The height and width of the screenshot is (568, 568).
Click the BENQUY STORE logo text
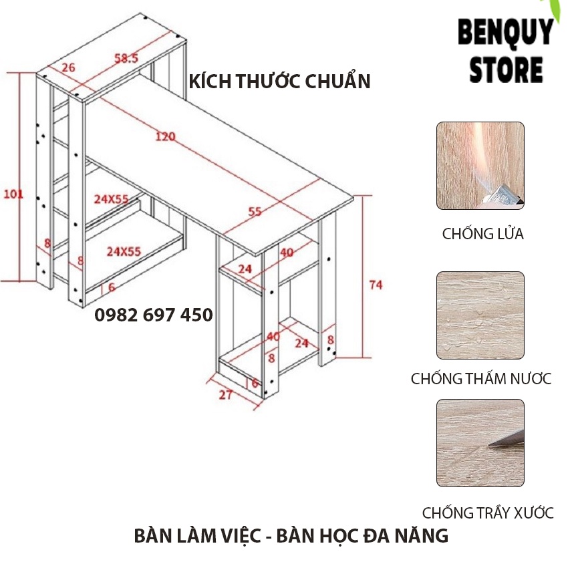tap(505, 51)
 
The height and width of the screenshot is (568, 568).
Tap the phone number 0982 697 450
tap(154, 315)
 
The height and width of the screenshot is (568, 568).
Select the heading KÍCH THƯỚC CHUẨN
tap(280, 82)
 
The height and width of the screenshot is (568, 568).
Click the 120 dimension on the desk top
tap(164, 137)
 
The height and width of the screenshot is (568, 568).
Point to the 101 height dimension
tap(13, 194)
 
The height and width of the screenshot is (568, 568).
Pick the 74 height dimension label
tap(376, 285)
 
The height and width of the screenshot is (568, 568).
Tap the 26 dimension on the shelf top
tap(67, 67)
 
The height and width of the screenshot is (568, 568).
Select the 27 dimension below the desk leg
tap(226, 394)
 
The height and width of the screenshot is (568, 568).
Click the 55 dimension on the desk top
tap(255, 212)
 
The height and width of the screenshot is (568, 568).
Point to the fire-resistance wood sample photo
tap(480, 166)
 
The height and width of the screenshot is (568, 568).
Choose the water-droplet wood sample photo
tap(480, 315)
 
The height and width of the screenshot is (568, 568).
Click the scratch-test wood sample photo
tap(480, 443)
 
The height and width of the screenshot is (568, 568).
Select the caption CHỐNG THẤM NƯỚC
tap(481, 379)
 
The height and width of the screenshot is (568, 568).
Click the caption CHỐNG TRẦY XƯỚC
tap(488, 513)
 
